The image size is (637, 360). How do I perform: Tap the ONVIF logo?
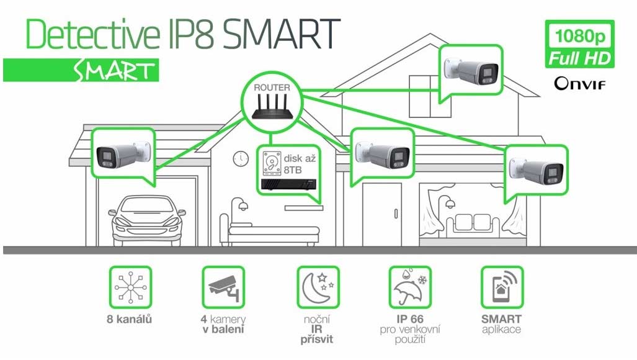click(580, 84)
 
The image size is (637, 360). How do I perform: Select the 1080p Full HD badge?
click(580, 44)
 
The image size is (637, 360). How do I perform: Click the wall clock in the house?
click(241, 158)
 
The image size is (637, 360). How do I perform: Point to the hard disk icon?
click(272, 163)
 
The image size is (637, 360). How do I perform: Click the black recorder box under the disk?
click(288, 184)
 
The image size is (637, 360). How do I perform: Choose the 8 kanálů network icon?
click(130, 287)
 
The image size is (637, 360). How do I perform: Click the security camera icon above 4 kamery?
click(223, 287)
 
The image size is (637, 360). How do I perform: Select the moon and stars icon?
click(318, 287)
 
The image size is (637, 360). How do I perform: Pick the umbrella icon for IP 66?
click(410, 287)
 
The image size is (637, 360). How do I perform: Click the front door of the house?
click(382, 214)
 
